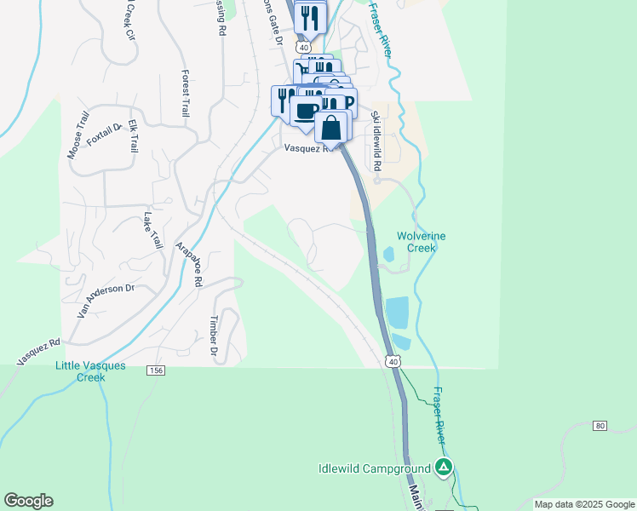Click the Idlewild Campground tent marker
click(x=443, y=467)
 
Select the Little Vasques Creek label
click(x=90, y=371)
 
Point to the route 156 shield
click(x=155, y=370)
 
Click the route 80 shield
click(x=600, y=425)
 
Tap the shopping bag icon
click(x=332, y=128)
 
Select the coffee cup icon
click(x=306, y=109)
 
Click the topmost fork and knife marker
click(x=310, y=16)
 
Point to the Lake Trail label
click(x=152, y=231)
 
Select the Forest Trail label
click(x=185, y=93)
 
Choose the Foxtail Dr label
click(x=105, y=132)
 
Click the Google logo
click(x=28, y=501)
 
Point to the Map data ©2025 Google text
click(x=584, y=504)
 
